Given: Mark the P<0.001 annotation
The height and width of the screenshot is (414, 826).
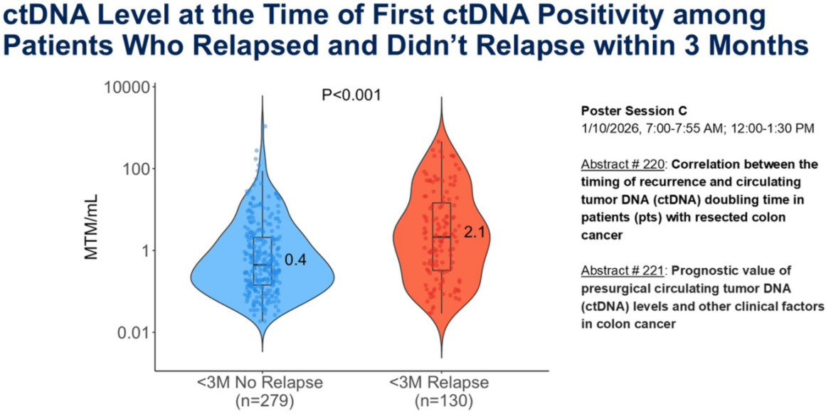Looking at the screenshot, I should [x=351, y=95].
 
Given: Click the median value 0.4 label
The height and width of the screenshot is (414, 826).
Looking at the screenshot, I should [x=295, y=261].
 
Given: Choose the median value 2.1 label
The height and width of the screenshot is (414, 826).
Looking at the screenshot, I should [x=474, y=233].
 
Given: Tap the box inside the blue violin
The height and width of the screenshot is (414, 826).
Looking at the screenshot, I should [x=263, y=261].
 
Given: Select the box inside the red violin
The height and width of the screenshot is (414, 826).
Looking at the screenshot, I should [x=441, y=236].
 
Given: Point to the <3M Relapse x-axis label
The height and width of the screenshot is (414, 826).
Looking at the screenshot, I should [x=440, y=383].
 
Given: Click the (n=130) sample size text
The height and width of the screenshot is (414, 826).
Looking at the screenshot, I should [x=440, y=400].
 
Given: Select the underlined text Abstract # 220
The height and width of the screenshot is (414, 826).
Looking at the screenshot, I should [x=622, y=164].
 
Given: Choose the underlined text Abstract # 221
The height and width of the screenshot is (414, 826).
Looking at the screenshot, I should [x=622, y=271].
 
